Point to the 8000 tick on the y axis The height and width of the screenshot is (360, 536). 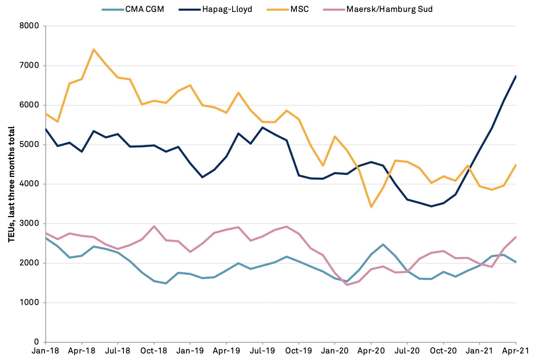pos(29,26)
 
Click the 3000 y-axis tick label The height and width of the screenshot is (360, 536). pos(29,223)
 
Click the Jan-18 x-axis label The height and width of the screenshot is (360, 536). pos(46,351)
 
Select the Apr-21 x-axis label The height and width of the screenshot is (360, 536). pos(515,351)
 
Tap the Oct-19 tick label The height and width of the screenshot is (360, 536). pos(298,351)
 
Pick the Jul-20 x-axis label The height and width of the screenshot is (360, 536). pos(407,351)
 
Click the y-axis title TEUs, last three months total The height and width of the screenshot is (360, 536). pos(11,184)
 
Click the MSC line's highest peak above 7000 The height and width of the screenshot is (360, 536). pos(94,49)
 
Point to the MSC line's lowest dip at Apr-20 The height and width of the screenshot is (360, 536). pos(371,207)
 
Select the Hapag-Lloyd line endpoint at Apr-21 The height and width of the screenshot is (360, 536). pos(515,76)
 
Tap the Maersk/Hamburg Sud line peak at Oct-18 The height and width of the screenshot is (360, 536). pos(154,226)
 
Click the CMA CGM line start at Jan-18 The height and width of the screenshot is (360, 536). pos(46,238)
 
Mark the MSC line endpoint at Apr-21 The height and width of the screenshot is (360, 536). pos(515,165)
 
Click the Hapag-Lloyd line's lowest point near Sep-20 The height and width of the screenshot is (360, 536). pos(431,206)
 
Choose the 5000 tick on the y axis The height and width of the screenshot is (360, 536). pos(29,145)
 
